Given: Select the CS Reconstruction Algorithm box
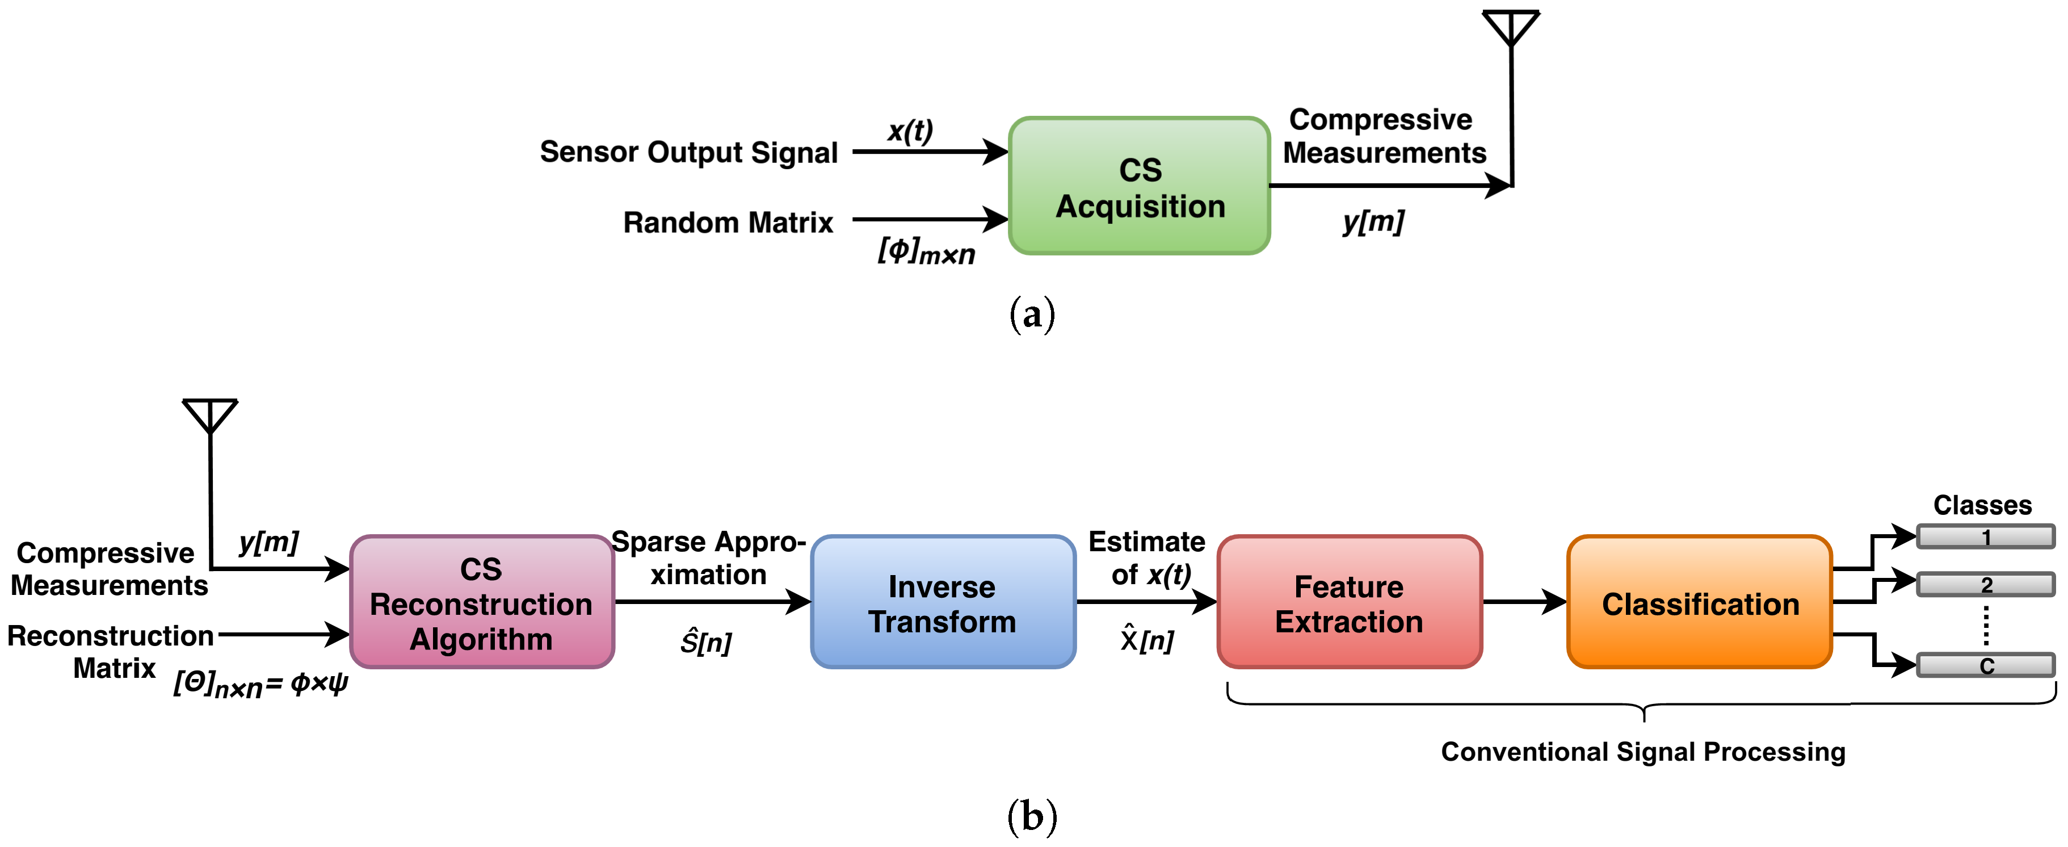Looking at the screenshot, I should click(x=482, y=602).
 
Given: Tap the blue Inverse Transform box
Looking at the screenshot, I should click(x=943, y=602).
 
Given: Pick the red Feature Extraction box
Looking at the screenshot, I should click(x=1350, y=602).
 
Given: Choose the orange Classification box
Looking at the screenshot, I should click(x=1700, y=602).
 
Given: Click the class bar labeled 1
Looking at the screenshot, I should click(x=1985, y=536).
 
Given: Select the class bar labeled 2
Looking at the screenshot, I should click(x=1985, y=585).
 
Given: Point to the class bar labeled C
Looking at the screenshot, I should click(x=1985, y=665).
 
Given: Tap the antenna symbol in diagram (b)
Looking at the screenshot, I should click(x=211, y=416).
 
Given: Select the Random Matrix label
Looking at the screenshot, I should click(x=728, y=223).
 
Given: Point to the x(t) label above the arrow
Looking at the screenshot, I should click(x=910, y=130).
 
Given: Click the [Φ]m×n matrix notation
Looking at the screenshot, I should click(x=926, y=252).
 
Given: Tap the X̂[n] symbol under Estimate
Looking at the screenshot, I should click(x=1147, y=640).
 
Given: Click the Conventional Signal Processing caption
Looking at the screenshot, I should click(x=1642, y=752).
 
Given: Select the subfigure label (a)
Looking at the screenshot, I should click(x=1032, y=314).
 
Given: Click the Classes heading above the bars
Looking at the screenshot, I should click(x=1982, y=505).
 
